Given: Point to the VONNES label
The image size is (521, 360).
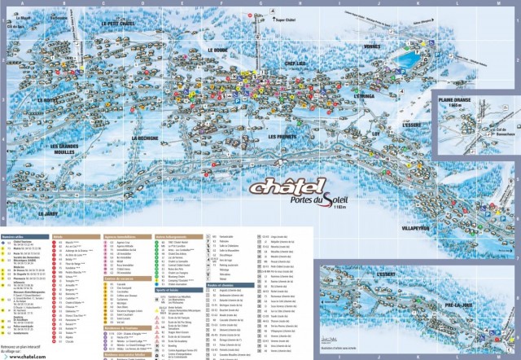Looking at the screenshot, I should [372, 46].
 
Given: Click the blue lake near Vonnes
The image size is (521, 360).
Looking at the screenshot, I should [409, 59].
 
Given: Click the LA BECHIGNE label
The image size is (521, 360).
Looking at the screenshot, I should [146, 138].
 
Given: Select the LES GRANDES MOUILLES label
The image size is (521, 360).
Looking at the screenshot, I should [74, 149].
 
